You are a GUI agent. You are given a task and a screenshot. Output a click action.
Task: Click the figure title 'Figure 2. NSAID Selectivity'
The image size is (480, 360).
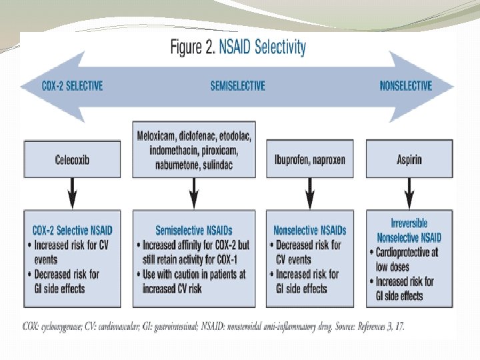click(x=238, y=48)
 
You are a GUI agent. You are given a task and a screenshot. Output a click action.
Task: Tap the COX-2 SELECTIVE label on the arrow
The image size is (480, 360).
click(x=73, y=86)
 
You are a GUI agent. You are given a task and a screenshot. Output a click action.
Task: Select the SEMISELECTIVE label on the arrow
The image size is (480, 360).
click(x=238, y=86)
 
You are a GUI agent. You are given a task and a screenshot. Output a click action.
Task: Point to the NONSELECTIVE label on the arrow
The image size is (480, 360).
click(x=406, y=86)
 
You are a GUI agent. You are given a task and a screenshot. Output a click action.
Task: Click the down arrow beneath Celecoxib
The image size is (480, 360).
click(x=72, y=195)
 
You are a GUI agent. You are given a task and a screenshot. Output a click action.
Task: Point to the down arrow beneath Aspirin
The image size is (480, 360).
click(x=410, y=195)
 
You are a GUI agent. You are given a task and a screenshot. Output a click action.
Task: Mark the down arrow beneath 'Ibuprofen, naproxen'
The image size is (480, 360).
click(x=309, y=195)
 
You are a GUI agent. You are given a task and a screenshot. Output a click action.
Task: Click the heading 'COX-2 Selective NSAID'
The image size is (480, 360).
click(x=73, y=231)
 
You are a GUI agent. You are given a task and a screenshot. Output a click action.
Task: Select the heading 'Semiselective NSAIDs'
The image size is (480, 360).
click(x=194, y=231)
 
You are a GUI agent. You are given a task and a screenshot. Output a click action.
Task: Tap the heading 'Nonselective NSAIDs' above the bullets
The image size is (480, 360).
click(x=309, y=231)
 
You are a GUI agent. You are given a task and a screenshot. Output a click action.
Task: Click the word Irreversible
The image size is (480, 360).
click(x=409, y=223)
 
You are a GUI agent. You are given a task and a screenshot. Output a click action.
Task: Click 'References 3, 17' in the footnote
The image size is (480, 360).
click(x=379, y=327)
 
